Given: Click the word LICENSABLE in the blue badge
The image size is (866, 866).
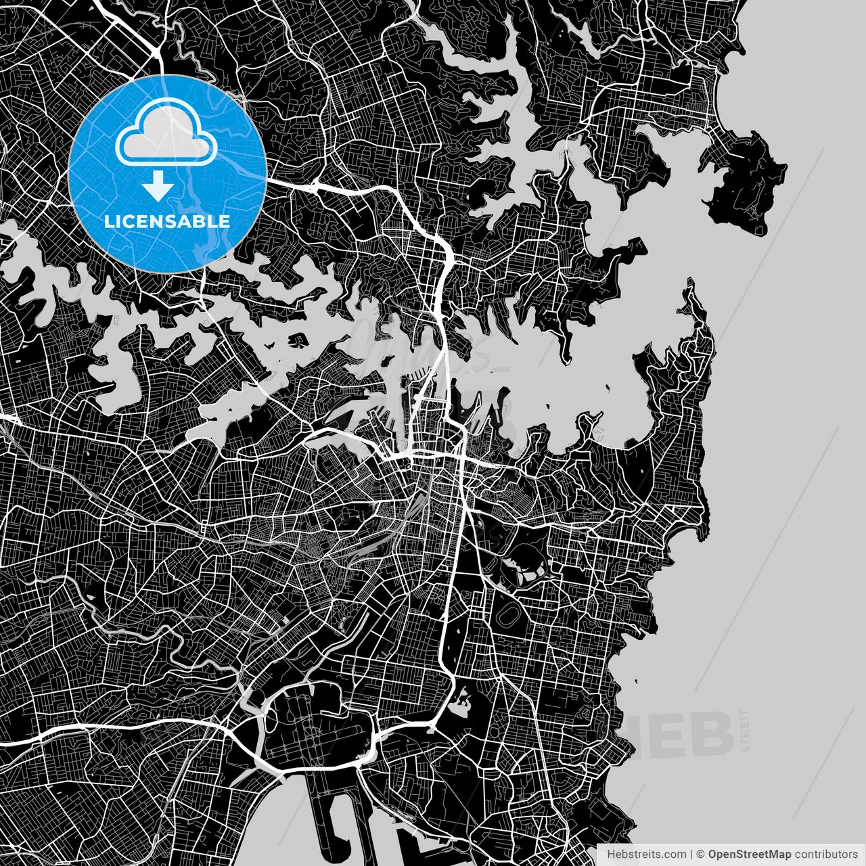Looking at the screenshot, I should (167, 221).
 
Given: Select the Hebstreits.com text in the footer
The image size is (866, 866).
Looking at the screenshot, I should (647, 854).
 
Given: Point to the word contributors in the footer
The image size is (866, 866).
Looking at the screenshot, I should (826, 854).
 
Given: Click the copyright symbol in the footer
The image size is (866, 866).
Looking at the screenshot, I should (701, 854).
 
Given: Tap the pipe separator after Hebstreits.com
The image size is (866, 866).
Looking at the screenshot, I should (691, 854).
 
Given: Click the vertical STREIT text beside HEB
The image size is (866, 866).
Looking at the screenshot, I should (746, 731).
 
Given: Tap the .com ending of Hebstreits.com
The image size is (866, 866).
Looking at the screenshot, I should (674, 854).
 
